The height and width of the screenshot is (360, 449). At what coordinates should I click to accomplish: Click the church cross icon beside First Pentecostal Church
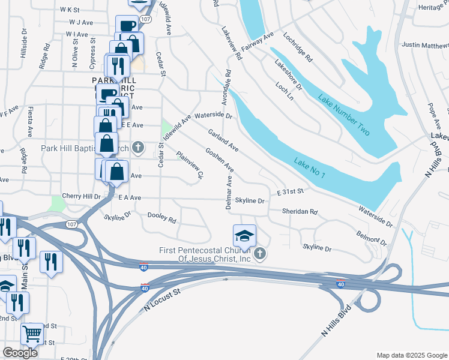pyautogui.click(x=260, y=254)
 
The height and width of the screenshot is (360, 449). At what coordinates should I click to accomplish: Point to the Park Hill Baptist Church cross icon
pyautogui.click(x=138, y=148)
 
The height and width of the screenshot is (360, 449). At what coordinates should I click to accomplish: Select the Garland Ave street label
pyautogui.click(x=223, y=140)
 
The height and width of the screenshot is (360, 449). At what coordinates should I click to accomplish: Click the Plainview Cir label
pyautogui.click(x=190, y=166)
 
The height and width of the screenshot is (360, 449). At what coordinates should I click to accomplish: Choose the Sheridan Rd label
pyautogui.click(x=300, y=212)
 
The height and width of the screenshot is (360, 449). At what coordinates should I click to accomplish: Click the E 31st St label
pyautogui.click(x=291, y=191)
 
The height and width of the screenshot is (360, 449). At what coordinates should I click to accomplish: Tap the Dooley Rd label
pyautogui.click(x=161, y=217)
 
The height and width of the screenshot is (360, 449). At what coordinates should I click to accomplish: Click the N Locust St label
pyautogui.click(x=162, y=299)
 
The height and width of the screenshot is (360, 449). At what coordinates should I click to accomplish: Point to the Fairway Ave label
pyautogui.click(x=257, y=41)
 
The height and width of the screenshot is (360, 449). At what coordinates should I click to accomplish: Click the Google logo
pyautogui.click(x=20, y=353)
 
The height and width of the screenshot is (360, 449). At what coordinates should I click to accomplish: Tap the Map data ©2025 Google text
pyautogui.click(x=411, y=355)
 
